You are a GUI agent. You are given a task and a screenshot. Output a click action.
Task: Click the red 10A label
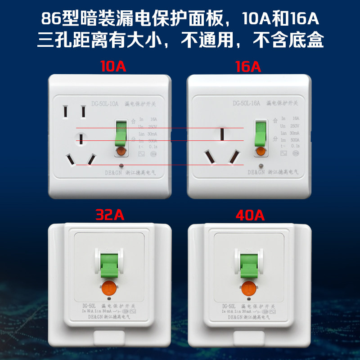point(113,67)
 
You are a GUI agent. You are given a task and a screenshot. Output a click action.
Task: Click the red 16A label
point(248,67)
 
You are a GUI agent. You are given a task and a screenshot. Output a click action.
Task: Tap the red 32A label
point(110,215)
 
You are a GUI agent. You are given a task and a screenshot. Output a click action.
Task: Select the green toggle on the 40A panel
point(248,266)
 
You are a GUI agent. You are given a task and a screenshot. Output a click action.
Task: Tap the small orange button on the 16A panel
point(260,152)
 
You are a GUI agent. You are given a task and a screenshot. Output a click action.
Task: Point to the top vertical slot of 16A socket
point(222,134)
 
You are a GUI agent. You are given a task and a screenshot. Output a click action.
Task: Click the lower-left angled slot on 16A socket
point(209,157)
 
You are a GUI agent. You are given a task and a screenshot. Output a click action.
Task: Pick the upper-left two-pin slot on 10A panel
point(66,112)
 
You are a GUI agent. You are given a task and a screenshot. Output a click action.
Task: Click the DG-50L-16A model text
point(247,103)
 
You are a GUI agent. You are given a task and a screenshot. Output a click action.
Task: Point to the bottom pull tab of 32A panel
point(110,337)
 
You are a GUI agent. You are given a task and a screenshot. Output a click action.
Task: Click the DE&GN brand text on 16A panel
point(256,172)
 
